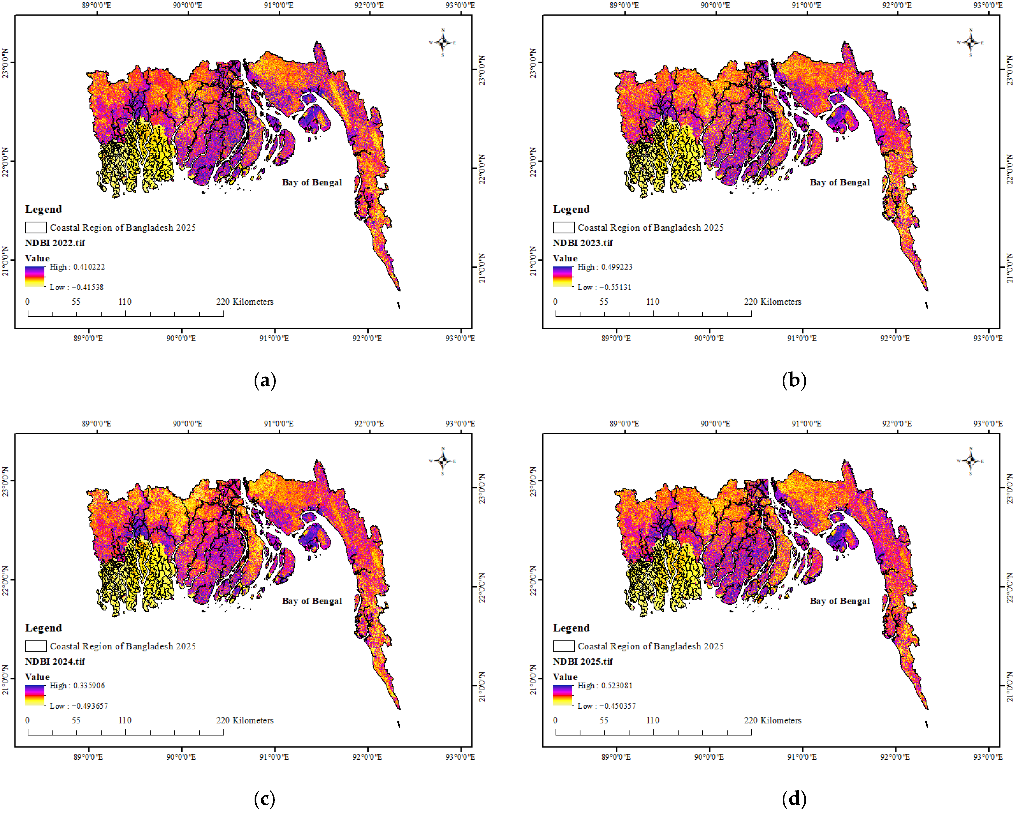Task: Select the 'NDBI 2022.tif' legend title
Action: tap(55, 243)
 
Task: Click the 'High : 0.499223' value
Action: tap(605, 267)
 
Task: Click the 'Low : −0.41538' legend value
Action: tap(77, 287)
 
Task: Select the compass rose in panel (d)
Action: tap(970, 461)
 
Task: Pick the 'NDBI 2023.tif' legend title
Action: tap(583, 243)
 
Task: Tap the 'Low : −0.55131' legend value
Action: tap(604, 287)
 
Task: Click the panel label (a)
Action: tap(265, 380)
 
